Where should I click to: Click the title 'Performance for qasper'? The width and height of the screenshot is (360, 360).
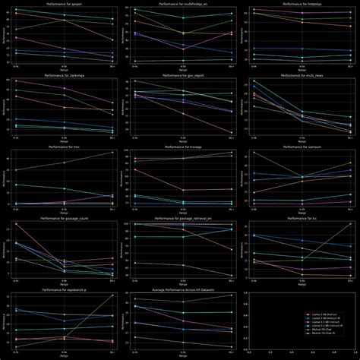[x=65, y=5]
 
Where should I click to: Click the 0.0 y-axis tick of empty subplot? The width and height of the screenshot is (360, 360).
[x=245, y=349]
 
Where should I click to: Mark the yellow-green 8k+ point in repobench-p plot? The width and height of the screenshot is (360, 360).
[x=112, y=295]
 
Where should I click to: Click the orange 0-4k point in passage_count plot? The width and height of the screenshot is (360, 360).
[x=17, y=224]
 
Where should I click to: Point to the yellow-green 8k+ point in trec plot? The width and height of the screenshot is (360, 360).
[x=112, y=152]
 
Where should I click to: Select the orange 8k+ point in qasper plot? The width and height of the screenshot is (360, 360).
[x=112, y=40]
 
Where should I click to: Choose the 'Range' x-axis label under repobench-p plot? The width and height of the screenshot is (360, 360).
[x=65, y=356]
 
